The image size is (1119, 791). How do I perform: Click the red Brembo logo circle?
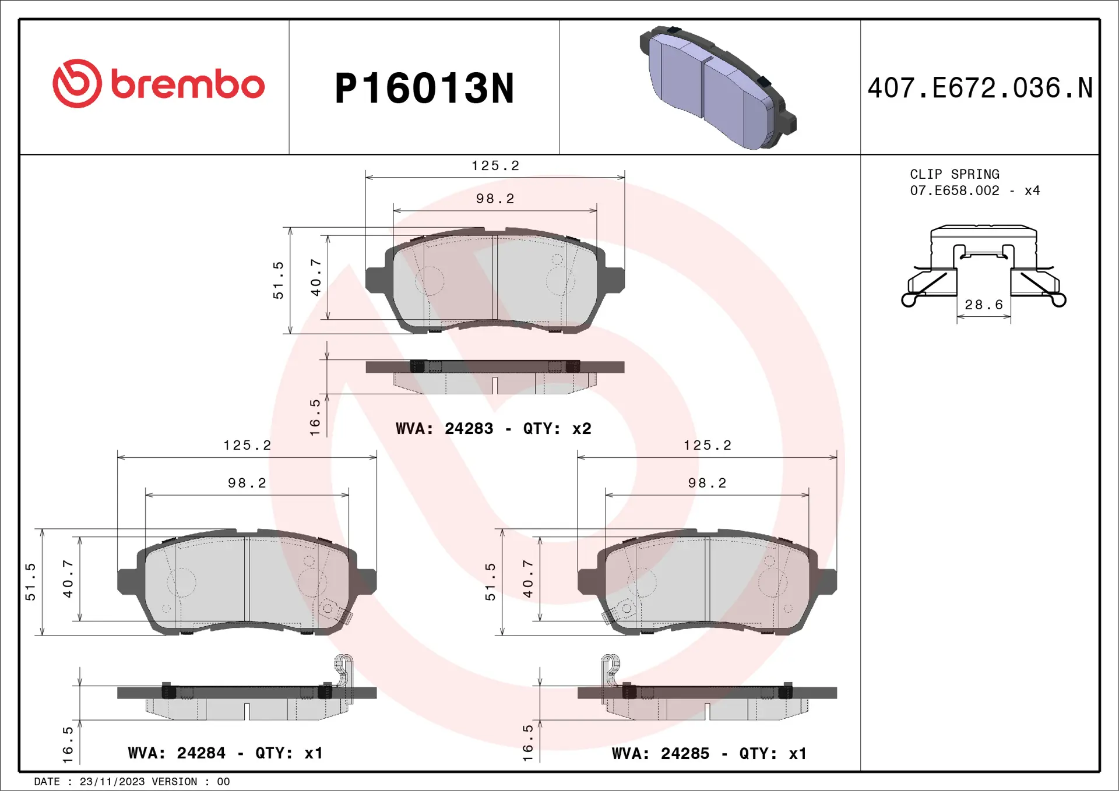click(77, 83)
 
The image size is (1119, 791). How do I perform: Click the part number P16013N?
click(424, 89)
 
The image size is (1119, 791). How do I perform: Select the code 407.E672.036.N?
click(980, 89)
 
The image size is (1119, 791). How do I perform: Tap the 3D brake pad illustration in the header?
click(717, 87)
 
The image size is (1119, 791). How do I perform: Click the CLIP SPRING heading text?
click(954, 174)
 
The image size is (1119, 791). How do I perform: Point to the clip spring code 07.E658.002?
click(954, 190)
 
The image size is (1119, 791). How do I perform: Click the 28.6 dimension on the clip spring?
click(983, 305)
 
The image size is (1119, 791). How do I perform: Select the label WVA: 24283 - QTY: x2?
click(493, 429)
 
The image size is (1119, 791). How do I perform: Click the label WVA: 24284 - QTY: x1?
click(225, 753)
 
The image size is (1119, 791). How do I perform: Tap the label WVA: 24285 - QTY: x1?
click(709, 754)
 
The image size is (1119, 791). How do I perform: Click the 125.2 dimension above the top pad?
click(495, 166)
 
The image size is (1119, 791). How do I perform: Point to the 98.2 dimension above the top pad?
click(495, 199)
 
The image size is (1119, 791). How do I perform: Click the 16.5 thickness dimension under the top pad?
click(315, 417)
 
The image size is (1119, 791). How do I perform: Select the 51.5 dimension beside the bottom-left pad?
click(30, 581)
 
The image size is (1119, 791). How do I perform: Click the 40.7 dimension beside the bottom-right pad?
click(528, 579)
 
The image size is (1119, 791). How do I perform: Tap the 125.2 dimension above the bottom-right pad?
click(707, 446)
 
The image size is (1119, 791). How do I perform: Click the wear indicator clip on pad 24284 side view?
click(343, 670)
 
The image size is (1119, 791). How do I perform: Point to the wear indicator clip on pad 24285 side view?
click(610, 670)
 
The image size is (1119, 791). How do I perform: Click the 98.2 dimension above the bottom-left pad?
click(247, 483)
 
